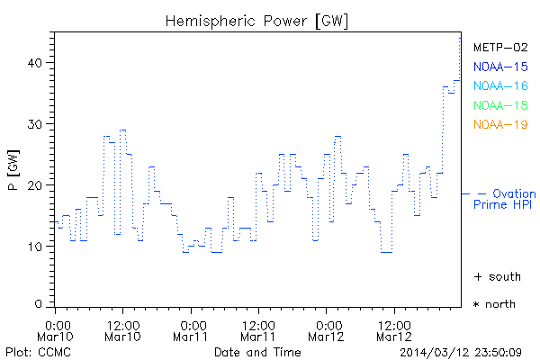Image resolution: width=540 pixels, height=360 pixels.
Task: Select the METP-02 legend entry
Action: pyautogui.click(x=500, y=48)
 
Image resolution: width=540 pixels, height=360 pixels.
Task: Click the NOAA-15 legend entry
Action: pyautogui.click(x=500, y=67)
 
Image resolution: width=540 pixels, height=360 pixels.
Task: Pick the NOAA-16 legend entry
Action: pyautogui.click(x=500, y=85)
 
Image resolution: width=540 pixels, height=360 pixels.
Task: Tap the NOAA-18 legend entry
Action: pyautogui.click(x=500, y=105)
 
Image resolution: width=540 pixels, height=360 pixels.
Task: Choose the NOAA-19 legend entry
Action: pyautogui.click(x=500, y=124)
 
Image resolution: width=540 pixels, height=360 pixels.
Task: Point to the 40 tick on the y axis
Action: pyautogui.click(x=36, y=62)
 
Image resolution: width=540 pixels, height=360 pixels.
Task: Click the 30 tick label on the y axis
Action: pyautogui.click(x=36, y=123)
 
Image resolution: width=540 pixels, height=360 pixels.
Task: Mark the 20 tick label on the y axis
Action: pyautogui.click(x=36, y=184)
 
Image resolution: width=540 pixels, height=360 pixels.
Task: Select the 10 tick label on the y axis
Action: pyautogui.click(x=36, y=246)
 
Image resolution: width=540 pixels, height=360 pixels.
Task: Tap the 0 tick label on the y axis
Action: pyautogui.click(x=40, y=304)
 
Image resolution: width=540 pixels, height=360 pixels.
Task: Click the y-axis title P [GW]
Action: pyautogui.click(x=13, y=173)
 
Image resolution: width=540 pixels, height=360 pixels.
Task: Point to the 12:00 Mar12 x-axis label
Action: pyautogui.click(x=392, y=329)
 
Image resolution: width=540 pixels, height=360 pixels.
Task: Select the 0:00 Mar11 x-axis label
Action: pyautogui.click(x=192, y=329)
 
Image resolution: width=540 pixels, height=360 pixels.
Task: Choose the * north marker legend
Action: pyautogui.click(x=494, y=304)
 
